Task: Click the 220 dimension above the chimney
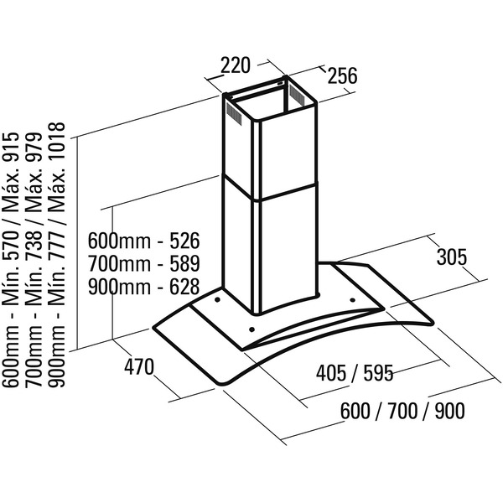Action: click(237, 65)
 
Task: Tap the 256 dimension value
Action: click(341, 75)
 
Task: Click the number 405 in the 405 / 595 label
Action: click(333, 371)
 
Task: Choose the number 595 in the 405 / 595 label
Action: click(377, 371)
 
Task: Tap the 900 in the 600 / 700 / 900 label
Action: click(448, 411)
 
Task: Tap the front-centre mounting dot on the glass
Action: click(249, 329)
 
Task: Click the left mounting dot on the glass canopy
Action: click(218, 297)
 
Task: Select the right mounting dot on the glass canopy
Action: click(351, 297)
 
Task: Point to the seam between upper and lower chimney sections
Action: click(268, 189)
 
